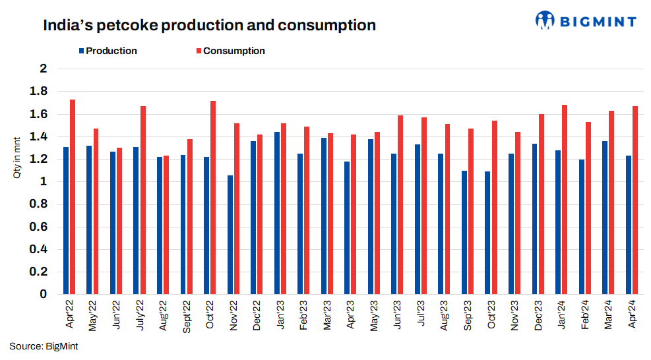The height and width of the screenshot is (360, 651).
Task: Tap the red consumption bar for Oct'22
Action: pos(213,197)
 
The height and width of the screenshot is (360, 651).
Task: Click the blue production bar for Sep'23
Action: pos(464,232)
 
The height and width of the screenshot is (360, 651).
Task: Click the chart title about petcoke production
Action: pos(209,26)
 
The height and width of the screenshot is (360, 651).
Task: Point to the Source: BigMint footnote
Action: pos(44,346)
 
